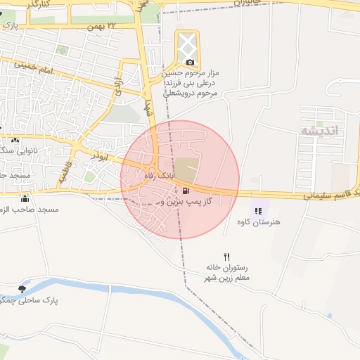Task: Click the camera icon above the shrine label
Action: tap(188, 63)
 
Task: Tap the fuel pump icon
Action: tap(186, 191)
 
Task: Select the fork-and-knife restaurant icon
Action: tap(226, 257)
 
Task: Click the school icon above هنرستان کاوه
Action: tap(257, 211)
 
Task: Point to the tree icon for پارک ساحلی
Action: tap(22, 288)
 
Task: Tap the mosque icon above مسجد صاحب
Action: tap(25, 198)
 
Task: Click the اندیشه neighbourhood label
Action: tap(319, 131)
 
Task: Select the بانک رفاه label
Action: tap(159, 174)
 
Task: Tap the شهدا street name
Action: tap(147, 108)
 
